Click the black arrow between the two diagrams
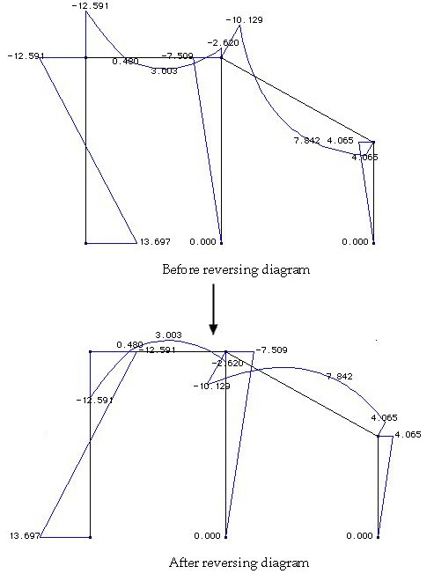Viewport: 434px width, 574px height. click(213, 309)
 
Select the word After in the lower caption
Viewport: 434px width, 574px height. click(183, 562)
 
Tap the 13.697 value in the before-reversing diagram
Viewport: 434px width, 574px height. click(156, 241)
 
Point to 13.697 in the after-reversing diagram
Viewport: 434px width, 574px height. click(25, 535)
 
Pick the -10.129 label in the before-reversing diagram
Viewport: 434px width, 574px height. click(245, 19)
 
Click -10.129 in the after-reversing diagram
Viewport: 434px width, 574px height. click(212, 386)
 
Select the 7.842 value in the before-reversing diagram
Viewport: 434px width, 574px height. click(307, 141)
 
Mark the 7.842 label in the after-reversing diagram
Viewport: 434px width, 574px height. click(340, 376)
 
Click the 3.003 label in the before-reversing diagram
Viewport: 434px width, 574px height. click(165, 71)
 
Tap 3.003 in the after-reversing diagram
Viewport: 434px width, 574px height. click(168, 335)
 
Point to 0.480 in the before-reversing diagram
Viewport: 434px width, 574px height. click(126, 61)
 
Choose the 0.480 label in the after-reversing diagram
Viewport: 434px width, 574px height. click(130, 345)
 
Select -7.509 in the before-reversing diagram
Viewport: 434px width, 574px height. click(178, 56)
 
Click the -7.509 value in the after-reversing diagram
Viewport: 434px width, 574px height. click(271, 350)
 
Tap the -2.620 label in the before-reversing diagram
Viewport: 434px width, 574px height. click(224, 43)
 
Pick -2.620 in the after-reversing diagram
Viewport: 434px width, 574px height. click(228, 364)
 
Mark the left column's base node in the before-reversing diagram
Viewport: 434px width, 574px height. click(86, 243)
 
